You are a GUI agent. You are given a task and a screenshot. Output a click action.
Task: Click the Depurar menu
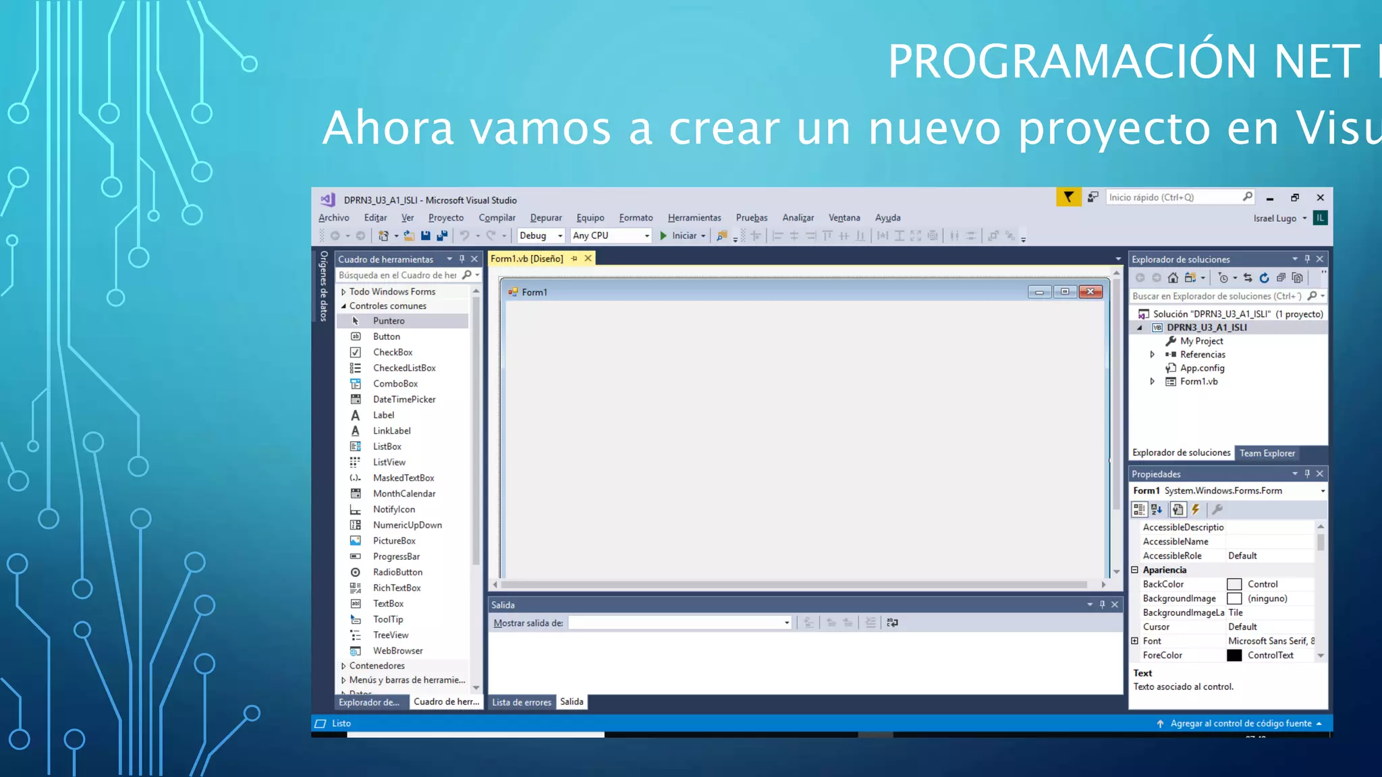(545, 218)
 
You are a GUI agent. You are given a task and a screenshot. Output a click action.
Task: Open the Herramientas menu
(694, 218)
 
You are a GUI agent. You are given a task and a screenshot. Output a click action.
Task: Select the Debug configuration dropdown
(541, 235)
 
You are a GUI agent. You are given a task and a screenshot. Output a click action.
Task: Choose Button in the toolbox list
(386, 337)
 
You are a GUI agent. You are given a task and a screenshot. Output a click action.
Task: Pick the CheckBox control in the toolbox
(392, 352)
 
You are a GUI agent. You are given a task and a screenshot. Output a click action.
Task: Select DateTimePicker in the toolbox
(404, 399)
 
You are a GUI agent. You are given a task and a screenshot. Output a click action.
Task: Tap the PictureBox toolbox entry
(393, 541)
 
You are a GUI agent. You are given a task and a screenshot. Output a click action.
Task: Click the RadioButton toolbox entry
(397, 572)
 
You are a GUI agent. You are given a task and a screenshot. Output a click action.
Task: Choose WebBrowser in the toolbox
(397, 651)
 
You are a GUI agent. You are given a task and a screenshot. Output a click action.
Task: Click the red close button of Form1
(1090, 292)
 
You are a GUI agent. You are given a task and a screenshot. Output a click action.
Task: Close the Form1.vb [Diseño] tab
(588, 258)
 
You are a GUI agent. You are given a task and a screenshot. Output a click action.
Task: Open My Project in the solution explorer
(1201, 341)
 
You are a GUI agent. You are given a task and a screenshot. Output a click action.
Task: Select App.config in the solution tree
(1202, 368)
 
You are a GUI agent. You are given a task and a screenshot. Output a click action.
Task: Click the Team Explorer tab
(1267, 453)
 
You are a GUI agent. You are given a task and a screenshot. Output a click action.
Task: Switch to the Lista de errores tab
(521, 702)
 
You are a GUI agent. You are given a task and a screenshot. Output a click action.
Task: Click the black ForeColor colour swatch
(1234, 656)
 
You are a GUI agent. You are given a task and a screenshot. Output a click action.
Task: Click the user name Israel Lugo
(1274, 219)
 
